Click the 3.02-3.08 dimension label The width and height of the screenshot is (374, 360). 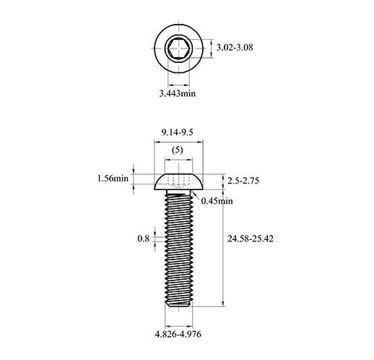point(235,48)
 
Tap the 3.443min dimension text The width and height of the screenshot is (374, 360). point(178,93)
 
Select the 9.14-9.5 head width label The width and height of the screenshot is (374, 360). point(178,132)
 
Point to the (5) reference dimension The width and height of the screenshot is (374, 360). point(178,150)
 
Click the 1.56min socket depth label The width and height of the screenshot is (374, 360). point(113,179)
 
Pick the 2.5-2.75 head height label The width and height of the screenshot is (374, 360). point(243,181)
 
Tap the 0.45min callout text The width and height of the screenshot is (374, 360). point(217,201)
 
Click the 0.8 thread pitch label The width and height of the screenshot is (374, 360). point(144,239)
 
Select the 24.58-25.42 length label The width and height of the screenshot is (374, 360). point(251,239)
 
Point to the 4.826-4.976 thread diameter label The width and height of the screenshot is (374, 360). point(178,334)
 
